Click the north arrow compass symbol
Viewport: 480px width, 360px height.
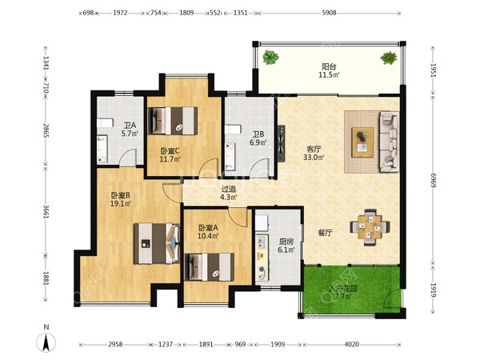(x=46, y=342)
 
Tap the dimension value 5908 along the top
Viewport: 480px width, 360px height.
(x=329, y=13)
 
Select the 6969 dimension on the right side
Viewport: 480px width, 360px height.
(x=433, y=180)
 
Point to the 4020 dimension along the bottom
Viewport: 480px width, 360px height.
(x=351, y=344)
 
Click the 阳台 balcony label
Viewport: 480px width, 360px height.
(x=329, y=66)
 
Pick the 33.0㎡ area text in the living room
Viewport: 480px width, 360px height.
(x=314, y=158)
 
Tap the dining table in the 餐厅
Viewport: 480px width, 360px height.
(x=370, y=227)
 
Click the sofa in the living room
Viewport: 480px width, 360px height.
(x=389, y=142)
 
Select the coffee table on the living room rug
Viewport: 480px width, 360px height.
(x=362, y=142)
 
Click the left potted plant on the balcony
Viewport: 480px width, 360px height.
(x=270, y=58)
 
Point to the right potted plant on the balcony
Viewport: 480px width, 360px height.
(x=389, y=58)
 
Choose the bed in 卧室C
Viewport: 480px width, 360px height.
(x=172, y=121)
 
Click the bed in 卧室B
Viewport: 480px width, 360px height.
(x=157, y=243)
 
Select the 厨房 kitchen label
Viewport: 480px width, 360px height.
(x=286, y=242)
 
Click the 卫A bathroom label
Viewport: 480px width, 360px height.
(x=130, y=126)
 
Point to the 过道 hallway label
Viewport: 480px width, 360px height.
(x=228, y=189)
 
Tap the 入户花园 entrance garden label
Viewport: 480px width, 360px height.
(x=343, y=288)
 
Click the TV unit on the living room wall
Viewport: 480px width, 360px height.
(x=281, y=143)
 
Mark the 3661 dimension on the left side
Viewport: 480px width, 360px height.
(x=46, y=211)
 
